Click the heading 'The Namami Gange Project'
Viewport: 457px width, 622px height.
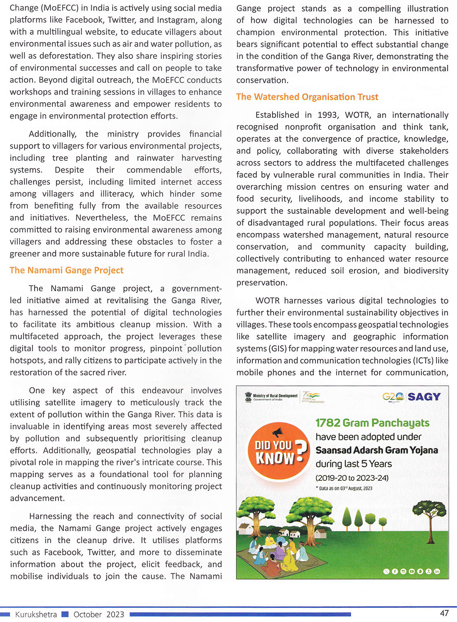click(x=66, y=270)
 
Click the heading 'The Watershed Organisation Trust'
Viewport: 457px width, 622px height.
click(x=307, y=97)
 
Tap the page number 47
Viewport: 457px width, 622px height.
click(x=444, y=613)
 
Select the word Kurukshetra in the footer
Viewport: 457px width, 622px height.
click(x=36, y=614)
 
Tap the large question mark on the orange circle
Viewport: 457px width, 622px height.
click(x=301, y=452)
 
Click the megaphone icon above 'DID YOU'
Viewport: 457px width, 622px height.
click(x=277, y=432)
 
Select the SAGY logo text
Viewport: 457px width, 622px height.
click(x=424, y=397)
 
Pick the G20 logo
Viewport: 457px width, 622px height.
click(x=393, y=397)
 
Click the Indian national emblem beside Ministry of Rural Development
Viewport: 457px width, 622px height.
click(x=248, y=396)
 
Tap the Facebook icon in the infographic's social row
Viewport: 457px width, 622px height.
click(x=395, y=571)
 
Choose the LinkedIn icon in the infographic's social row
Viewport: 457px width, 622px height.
click(x=437, y=571)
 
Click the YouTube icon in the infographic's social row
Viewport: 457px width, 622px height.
click(x=412, y=571)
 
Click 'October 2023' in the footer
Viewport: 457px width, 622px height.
click(x=99, y=614)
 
